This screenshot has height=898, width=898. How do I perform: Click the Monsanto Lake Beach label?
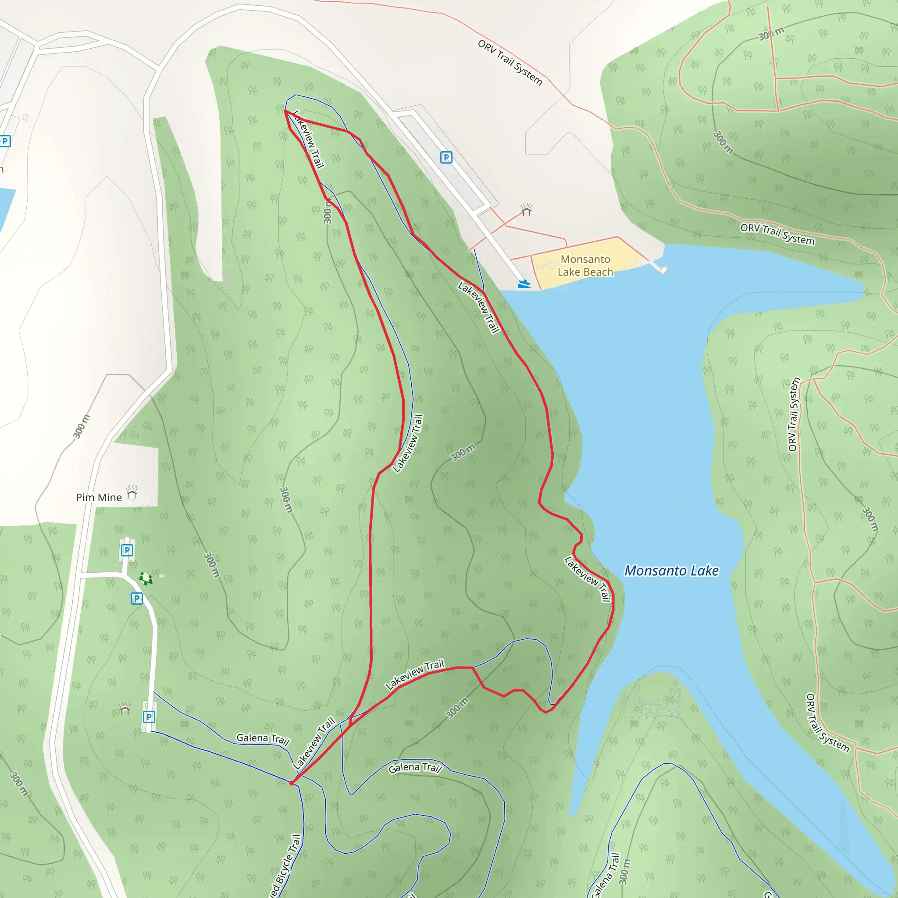[585, 265]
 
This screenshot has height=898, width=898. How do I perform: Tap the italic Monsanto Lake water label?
[671, 571]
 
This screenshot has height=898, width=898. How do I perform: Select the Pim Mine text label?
[99, 497]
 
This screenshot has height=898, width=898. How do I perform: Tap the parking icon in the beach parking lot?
[446, 157]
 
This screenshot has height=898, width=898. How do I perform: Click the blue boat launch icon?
[524, 284]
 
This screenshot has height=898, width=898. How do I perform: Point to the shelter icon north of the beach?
[526, 210]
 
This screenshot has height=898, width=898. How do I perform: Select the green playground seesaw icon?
[146, 579]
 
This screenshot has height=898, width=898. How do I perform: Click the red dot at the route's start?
[292, 783]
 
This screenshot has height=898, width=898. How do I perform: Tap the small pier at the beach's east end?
[663, 270]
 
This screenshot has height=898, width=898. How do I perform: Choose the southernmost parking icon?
[149, 717]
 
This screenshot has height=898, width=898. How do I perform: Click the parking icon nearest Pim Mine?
[127, 550]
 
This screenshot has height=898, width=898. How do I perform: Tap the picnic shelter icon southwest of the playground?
[125, 709]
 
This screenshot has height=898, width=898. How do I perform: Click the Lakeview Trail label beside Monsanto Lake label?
[588, 579]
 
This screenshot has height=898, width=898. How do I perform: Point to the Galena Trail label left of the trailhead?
[263, 738]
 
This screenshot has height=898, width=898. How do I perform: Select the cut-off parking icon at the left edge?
[5, 141]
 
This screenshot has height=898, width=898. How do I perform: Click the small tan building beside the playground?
[161, 576]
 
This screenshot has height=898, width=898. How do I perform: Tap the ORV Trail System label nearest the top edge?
[510, 62]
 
